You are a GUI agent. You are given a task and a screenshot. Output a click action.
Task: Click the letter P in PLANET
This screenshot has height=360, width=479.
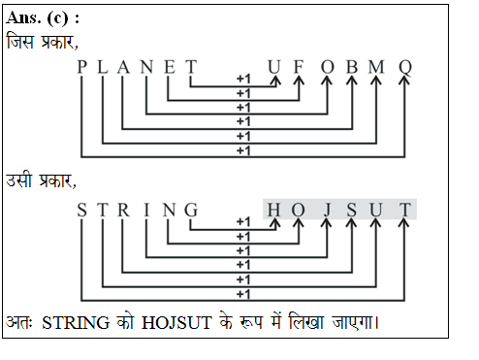click(x=82, y=67)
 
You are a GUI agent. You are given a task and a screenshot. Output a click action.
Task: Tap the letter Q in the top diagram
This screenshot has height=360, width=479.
click(x=405, y=67)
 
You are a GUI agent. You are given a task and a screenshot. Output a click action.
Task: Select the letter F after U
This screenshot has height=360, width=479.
click(x=299, y=67)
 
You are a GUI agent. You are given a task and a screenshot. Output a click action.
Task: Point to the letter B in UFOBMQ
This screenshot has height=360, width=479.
click(x=352, y=67)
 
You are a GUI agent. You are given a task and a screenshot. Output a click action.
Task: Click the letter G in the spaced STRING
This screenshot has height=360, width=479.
click(x=190, y=210)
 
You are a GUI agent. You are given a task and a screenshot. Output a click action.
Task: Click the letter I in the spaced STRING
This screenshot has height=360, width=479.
click(x=146, y=210)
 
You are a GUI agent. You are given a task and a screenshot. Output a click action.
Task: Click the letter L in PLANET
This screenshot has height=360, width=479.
click(x=102, y=67)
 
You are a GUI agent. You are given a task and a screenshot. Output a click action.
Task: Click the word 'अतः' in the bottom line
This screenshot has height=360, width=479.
click(x=19, y=320)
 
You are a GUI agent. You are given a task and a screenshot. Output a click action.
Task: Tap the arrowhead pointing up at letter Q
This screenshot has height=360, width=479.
click(x=405, y=83)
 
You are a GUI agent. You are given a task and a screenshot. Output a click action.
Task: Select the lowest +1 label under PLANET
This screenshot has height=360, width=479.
click(x=243, y=151)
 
